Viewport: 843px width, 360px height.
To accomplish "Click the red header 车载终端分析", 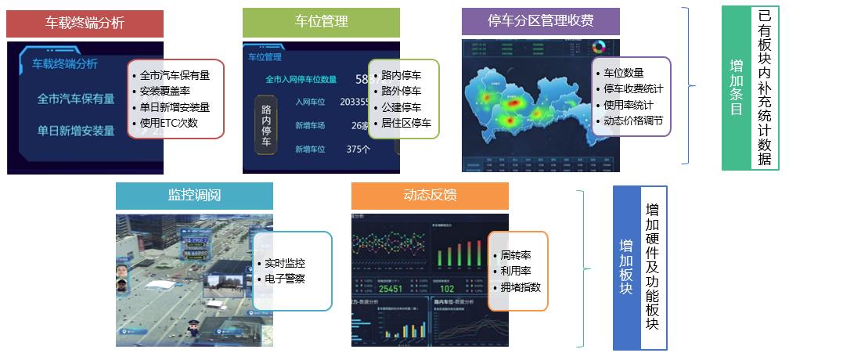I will pyautogui.click(x=85, y=23).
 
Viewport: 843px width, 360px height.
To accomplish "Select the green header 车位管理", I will pyautogui.click(x=321, y=22).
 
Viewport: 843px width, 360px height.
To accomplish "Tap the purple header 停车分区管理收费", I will pyautogui.click(x=540, y=22).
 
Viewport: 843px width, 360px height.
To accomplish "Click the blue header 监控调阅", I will pyautogui.click(x=194, y=196).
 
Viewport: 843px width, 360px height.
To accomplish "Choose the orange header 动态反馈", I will pyautogui.click(x=430, y=196).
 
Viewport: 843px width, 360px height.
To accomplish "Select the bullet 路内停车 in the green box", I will pyautogui.click(x=402, y=76).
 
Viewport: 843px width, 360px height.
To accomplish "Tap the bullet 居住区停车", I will pyautogui.click(x=406, y=123).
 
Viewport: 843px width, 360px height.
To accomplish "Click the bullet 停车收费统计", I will pyautogui.click(x=633, y=89).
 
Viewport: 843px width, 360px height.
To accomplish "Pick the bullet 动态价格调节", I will pyautogui.click(x=633, y=121).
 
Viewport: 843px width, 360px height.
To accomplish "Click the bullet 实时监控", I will pyautogui.click(x=285, y=264).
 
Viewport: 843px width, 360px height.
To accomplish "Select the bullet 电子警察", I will pyautogui.click(x=285, y=279).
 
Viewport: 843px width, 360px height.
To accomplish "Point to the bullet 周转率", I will pyautogui.click(x=515, y=255).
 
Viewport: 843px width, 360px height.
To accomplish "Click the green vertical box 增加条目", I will pyautogui.click(x=736, y=88).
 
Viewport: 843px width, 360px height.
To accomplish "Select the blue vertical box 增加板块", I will pyautogui.click(x=626, y=266).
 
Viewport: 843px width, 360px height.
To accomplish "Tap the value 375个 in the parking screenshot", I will pyautogui.click(x=358, y=149).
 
